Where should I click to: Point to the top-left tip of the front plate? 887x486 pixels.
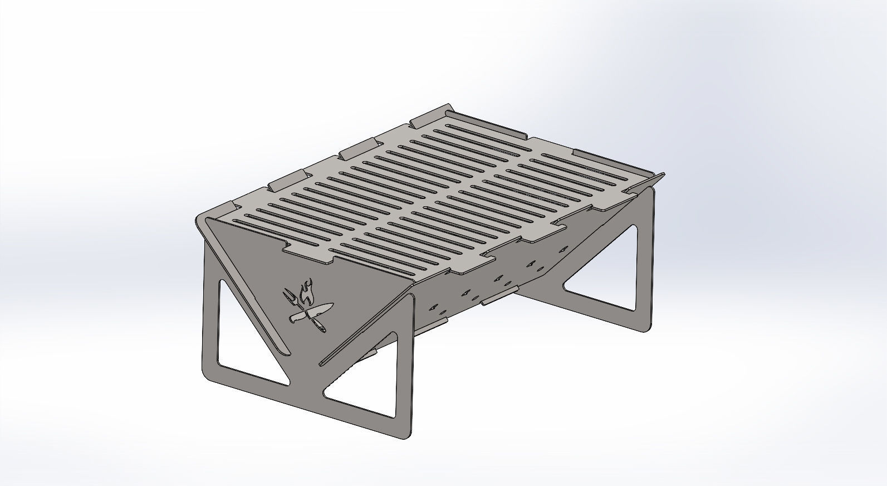[199, 221]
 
